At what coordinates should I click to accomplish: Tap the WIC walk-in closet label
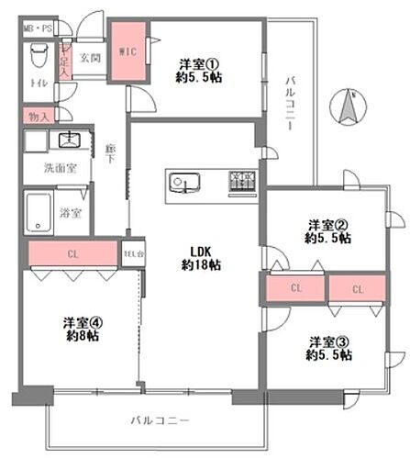point(127,52)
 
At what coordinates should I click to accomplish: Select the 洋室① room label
point(200,71)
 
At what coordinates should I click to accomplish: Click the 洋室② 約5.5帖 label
point(328,230)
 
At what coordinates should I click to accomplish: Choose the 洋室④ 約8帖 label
point(81,329)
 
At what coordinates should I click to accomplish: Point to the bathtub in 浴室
point(41,213)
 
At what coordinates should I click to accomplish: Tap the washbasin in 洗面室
point(68,140)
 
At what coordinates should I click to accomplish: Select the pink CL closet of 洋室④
point(72,254)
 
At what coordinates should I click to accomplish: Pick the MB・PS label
point(39,27)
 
